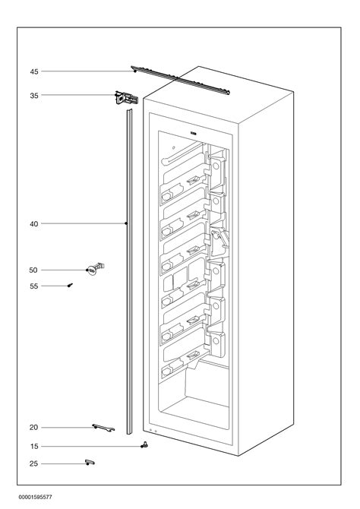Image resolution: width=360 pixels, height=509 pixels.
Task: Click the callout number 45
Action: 34,71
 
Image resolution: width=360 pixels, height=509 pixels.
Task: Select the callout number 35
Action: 34,96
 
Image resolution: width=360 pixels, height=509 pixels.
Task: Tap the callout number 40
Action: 34,224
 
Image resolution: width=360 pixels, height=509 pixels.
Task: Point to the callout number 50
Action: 34,270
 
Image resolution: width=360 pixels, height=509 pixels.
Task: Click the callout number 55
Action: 34,286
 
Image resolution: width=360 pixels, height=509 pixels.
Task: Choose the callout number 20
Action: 34,428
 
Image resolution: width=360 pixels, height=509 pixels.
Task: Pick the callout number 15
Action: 34,447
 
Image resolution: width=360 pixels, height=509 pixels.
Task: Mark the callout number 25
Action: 34,463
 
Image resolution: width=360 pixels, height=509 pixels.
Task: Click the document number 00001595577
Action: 31,496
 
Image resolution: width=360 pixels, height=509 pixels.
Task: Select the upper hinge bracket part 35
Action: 126,97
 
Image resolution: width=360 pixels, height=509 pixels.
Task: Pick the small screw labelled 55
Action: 69,285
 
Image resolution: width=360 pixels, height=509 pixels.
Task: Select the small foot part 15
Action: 142,446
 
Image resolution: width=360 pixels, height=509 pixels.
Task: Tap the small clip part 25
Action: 90,463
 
